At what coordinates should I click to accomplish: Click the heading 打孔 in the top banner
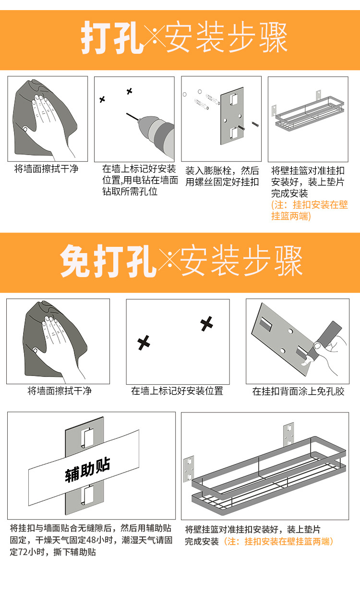point(112,37)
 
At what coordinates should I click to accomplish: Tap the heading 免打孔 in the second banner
point(108,262)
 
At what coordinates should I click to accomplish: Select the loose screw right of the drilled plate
point(255,125)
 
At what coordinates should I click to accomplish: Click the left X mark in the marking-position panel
point(144,343)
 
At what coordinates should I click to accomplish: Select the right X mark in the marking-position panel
point(207,324)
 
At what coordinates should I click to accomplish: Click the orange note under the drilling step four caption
point(309,210)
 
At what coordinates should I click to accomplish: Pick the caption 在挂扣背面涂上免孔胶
point(298,391)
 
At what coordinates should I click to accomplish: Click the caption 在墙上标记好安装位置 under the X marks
point(177,391)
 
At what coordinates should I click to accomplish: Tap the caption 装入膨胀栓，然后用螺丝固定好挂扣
point(222,176)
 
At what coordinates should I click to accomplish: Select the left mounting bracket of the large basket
point(189,469)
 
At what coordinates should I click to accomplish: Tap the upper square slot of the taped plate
point(84,437)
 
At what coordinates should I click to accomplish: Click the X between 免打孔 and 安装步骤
point(169,262)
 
